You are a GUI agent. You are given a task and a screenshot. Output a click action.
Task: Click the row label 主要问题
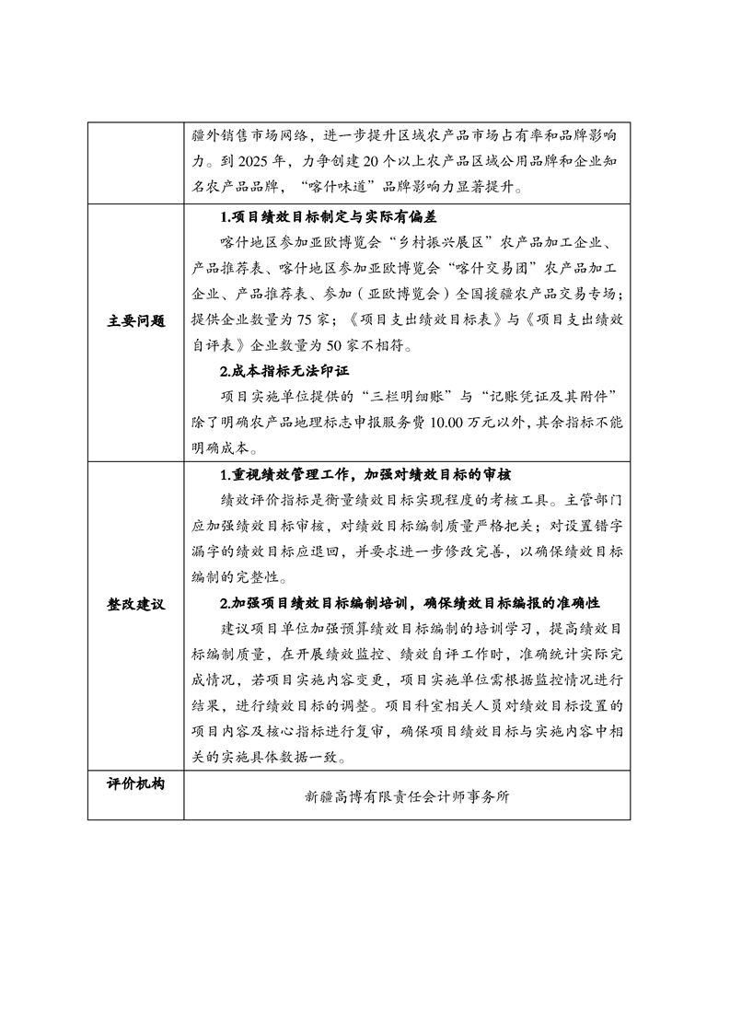pos(135,321)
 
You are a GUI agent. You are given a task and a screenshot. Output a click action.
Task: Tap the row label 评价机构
pos(135,784)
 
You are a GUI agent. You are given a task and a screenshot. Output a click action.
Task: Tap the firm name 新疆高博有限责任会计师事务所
pos(406,797)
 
